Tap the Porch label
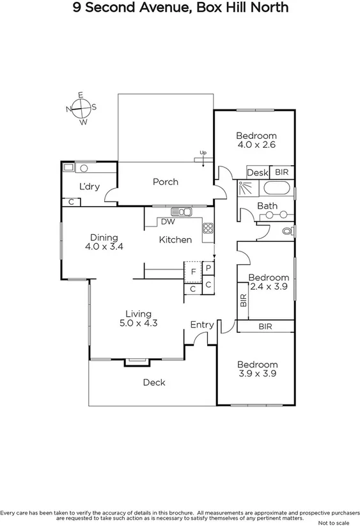tap(165, 182)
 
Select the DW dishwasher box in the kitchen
tap(168, 222)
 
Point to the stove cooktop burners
tap(208, 227)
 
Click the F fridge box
tap(192, 272)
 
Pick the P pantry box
tap(208, 268)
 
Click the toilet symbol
tap(287, 230)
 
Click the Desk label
tap(257, 173)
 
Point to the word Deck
tap(153, 383)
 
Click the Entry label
tap(202, 325)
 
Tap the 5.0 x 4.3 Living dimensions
tap(138, 323)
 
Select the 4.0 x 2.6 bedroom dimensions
tap(256, 145)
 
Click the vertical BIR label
tap(243, 301)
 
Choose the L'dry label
tap(88, 187)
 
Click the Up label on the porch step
tap(203, 152)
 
